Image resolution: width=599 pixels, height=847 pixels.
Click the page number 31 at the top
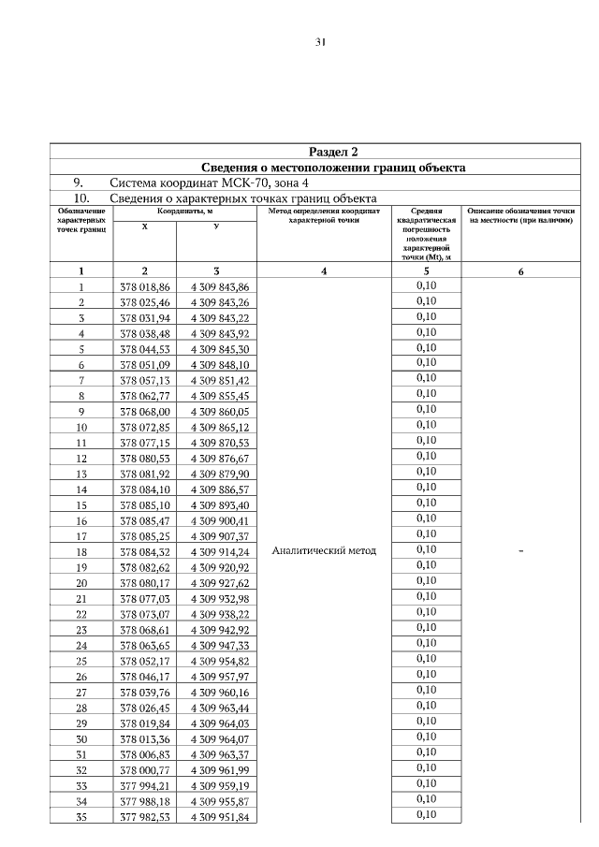[x=320, y=42]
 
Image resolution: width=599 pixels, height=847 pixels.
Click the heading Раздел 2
[x=333, y=152]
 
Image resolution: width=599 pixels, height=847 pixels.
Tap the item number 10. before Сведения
[x=81, y=198]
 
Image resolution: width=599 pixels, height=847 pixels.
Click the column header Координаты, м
[x=185, y=212]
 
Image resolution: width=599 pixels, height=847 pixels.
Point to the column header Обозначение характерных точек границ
[x=80, y=220]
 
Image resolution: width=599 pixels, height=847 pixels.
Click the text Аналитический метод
[x=323, y=550]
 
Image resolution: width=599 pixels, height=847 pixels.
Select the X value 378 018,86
[x=145, y=286]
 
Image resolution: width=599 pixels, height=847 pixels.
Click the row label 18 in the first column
[x=81, y=551]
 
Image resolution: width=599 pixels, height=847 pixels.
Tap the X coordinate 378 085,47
[x=145, y=520]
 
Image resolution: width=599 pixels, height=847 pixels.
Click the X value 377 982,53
[x=145, y=816]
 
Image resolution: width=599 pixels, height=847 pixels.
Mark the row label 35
[x=81, y=816]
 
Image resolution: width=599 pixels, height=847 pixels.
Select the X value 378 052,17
[x=145, y=661]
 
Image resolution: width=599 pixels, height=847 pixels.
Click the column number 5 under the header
[x=426, y=271]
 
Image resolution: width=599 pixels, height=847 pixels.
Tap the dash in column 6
[x=520, y=551]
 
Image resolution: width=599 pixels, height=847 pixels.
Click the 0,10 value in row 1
[x=426, y=285]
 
